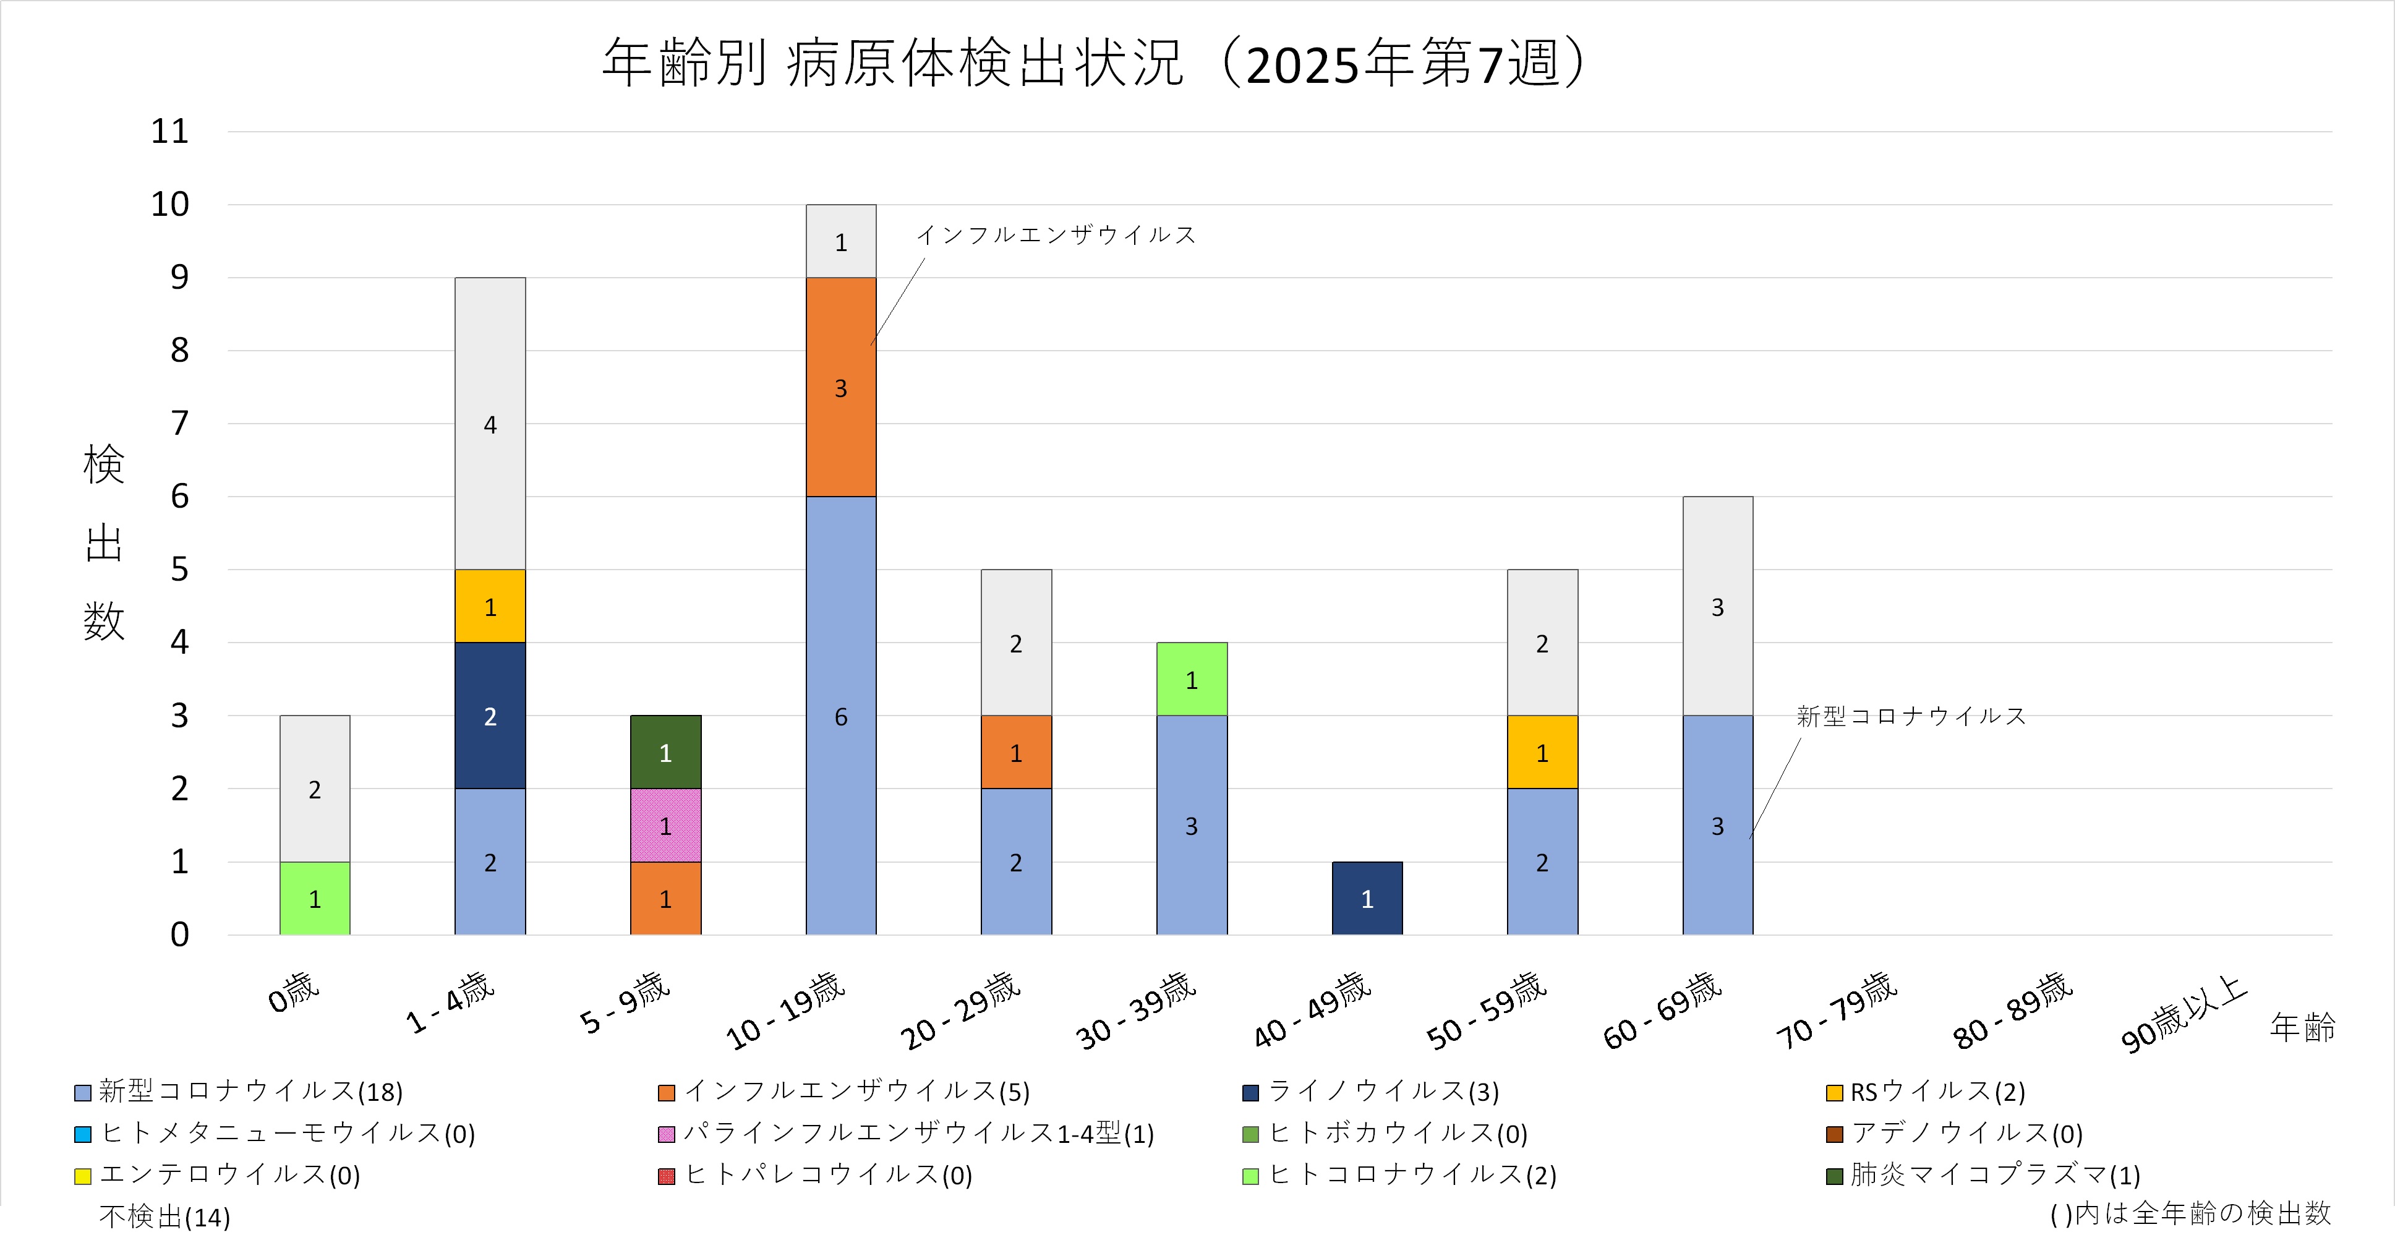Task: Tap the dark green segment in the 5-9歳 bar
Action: tap(666, 752)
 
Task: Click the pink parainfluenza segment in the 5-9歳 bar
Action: tap(666, 826)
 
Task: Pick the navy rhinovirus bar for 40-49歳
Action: tap(1367, 898)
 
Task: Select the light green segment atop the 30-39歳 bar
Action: tap(1191, 680)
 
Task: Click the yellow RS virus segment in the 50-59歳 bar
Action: tap(1542, 752)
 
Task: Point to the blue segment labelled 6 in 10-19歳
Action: tap(840, 716)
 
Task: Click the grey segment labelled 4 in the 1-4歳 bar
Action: tap(490, 424)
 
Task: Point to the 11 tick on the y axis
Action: tap(170, 131)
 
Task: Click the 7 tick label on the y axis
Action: tap(179, 424)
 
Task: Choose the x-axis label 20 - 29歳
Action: tap(960, 1011)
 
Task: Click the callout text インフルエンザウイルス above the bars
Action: tap(1056, 235)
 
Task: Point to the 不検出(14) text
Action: tap(164, 1216)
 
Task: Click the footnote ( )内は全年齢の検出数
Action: tap(2190, 1213)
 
